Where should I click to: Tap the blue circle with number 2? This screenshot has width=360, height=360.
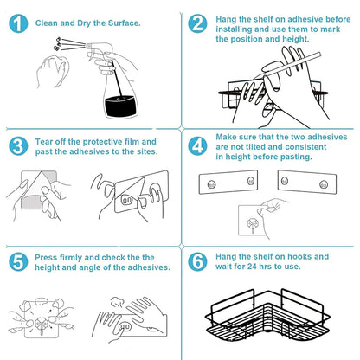pyautogui.click(x=198, y=24)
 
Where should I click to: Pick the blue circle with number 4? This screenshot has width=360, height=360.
pyautogui.click(x=198, y=145)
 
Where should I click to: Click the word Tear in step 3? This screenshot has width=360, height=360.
pyautogui.click(x=45, y=140)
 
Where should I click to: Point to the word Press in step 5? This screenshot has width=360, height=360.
pyautogui.click(x=47, y=257)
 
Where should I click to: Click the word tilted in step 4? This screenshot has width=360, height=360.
pyautogui.click(x=257, y=147)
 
